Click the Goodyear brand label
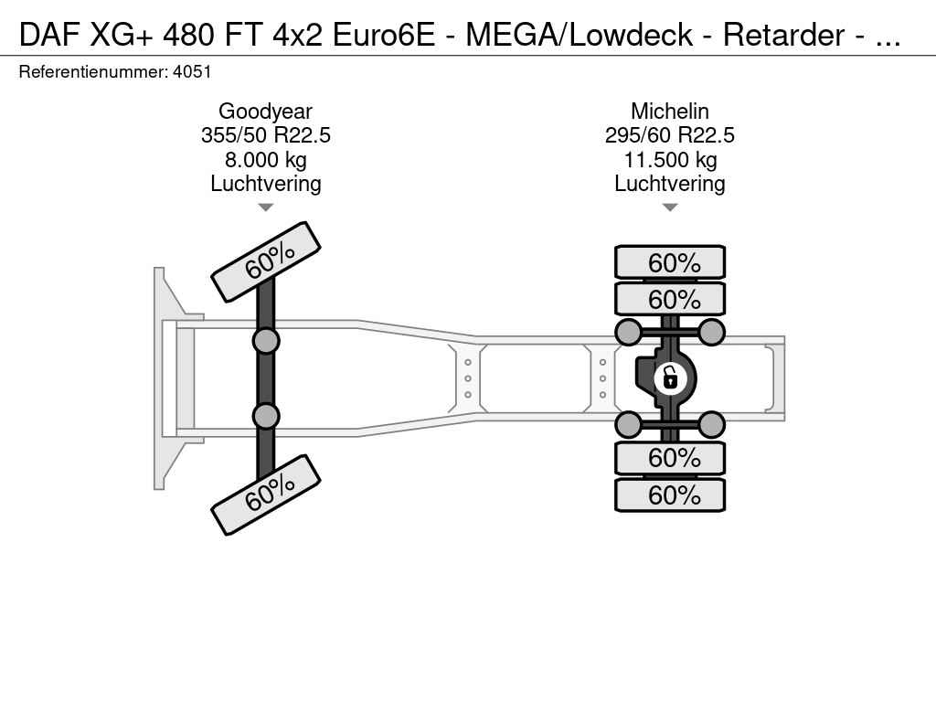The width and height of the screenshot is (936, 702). pos(265,112)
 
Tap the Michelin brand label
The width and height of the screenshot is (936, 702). pos(669,112)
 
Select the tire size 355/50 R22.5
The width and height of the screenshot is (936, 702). pos(265,135)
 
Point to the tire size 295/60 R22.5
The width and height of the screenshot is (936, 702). pos(669,135)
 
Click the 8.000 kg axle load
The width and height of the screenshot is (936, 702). pos(265,160)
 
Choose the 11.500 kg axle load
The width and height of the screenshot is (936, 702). pos(669,160)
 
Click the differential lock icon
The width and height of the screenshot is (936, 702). pos(669,377)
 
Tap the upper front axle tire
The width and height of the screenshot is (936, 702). pos(266,261)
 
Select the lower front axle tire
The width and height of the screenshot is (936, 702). pos(266,495)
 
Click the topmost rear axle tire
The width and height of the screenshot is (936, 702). pos(670,262)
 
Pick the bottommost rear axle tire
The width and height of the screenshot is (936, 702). pos(670,495)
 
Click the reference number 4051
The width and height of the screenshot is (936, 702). pos(192,71)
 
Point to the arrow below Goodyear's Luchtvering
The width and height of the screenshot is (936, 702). pos(265,207)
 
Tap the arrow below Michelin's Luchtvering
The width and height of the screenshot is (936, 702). pos(669,207)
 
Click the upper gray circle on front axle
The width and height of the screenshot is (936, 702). pos(265,341)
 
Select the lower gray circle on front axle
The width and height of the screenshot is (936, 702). pos(265,416)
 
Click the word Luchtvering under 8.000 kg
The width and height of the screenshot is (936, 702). pos(265,184)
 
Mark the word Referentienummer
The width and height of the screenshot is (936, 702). pos(93,71)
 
